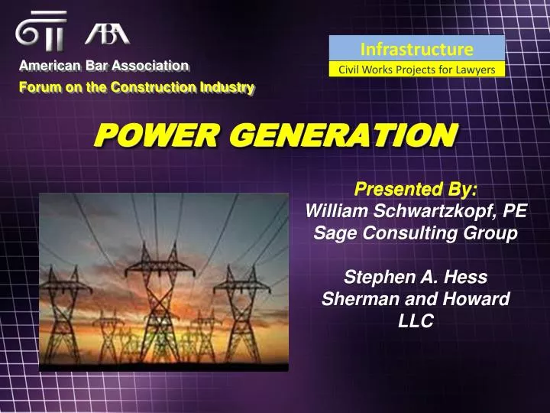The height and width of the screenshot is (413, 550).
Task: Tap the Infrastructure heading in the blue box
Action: [x=417, y=50]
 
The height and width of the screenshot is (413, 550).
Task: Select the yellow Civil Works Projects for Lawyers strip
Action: [x=417, y=70]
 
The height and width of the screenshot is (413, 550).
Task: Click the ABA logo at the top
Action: [x=107, y=33]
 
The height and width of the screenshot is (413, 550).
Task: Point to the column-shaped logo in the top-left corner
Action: [x=40, y=31]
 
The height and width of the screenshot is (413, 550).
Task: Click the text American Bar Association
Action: [x=104, y=67]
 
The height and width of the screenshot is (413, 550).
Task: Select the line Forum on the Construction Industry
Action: [x=136, y=87]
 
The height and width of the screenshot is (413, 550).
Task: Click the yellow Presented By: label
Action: [x=416, y=189]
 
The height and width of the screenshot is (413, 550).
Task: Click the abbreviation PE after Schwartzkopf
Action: [x=515, y=210]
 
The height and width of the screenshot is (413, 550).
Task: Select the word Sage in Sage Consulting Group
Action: [x=331, y=233]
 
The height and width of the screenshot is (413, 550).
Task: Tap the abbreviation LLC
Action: [x=416, y=321]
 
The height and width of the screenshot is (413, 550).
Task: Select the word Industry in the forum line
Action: [x=225, y=87]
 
